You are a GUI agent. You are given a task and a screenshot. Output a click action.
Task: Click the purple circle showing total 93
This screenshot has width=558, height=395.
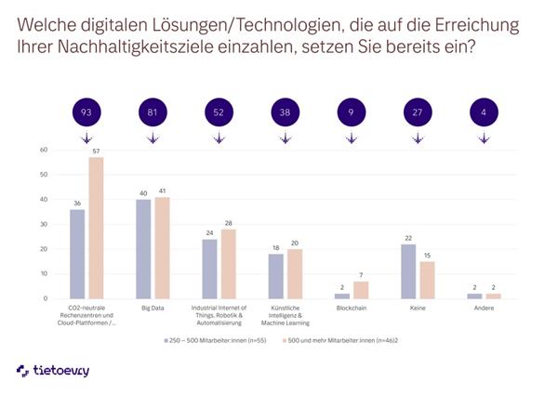(x=86, y=113)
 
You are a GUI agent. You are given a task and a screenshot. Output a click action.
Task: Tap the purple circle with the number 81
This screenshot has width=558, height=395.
(x=153, y=113)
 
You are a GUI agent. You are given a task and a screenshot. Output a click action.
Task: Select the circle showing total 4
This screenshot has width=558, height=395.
(x=484, y=113)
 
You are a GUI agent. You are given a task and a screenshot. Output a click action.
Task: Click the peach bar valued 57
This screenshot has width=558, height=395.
(x=96, y=228)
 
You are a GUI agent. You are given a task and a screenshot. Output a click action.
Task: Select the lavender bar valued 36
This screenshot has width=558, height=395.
(x=77, y=254)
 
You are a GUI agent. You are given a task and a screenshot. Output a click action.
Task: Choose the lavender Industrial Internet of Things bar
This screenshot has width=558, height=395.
(x=210, y=269)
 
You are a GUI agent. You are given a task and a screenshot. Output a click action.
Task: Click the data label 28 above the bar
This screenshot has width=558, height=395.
(x=229, y=222)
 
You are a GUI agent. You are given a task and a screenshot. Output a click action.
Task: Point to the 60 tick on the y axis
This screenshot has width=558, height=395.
(x=43, y=150)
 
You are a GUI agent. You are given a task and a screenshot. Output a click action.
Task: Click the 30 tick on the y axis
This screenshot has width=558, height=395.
(x=43, y=224)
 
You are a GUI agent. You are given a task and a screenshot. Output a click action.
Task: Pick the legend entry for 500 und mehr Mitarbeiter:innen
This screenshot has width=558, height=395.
(x=352, y=340)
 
